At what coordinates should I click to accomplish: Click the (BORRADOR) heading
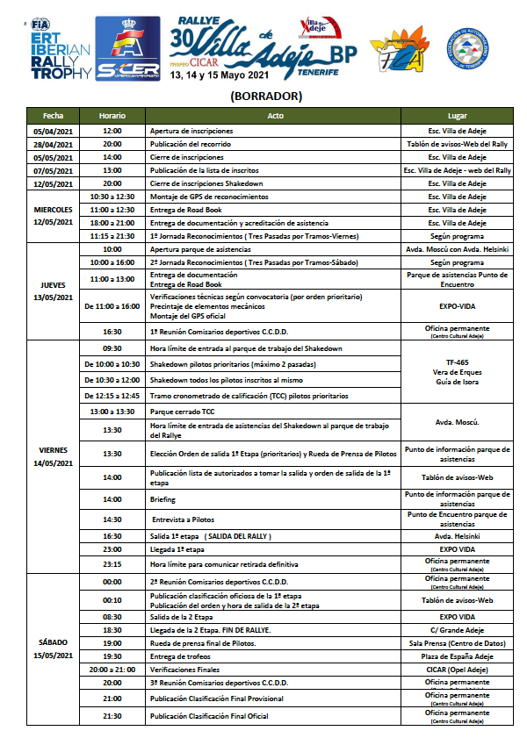(x=264, y=96)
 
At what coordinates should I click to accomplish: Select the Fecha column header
(x=53, y=116)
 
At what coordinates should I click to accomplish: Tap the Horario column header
(x=112, y=116)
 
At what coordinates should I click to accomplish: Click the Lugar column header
(x=458, y=116)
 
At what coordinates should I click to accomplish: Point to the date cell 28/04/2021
(x=53, y=144)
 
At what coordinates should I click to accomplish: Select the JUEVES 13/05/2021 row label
(x=53, y=290)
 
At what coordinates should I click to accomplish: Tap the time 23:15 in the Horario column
(x=112, y=562)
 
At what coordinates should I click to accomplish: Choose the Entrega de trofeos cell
(x=184, y=656)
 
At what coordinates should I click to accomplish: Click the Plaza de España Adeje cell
(x=458, y=656)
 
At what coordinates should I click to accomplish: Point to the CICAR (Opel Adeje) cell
(x=458, y=669)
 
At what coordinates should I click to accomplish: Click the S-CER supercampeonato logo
(x=127, y=49)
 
